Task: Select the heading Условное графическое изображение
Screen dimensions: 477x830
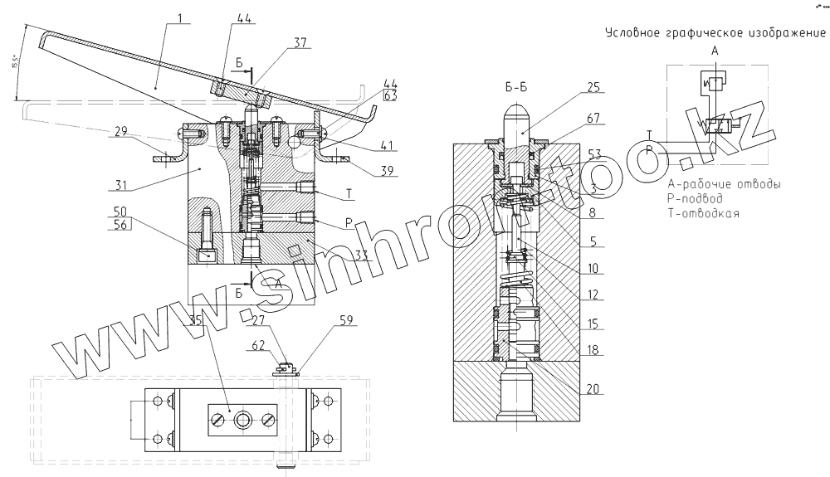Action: (x=715, y=34)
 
